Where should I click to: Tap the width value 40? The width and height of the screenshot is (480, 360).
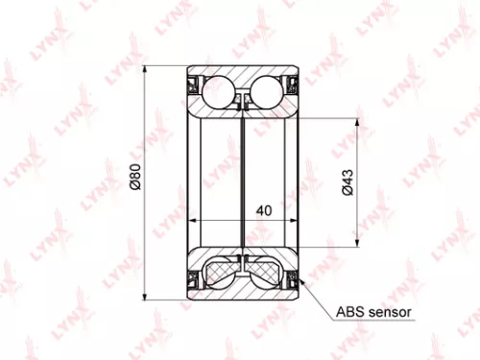click(265, 210)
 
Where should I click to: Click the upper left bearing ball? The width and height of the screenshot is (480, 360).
click(220, 93)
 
